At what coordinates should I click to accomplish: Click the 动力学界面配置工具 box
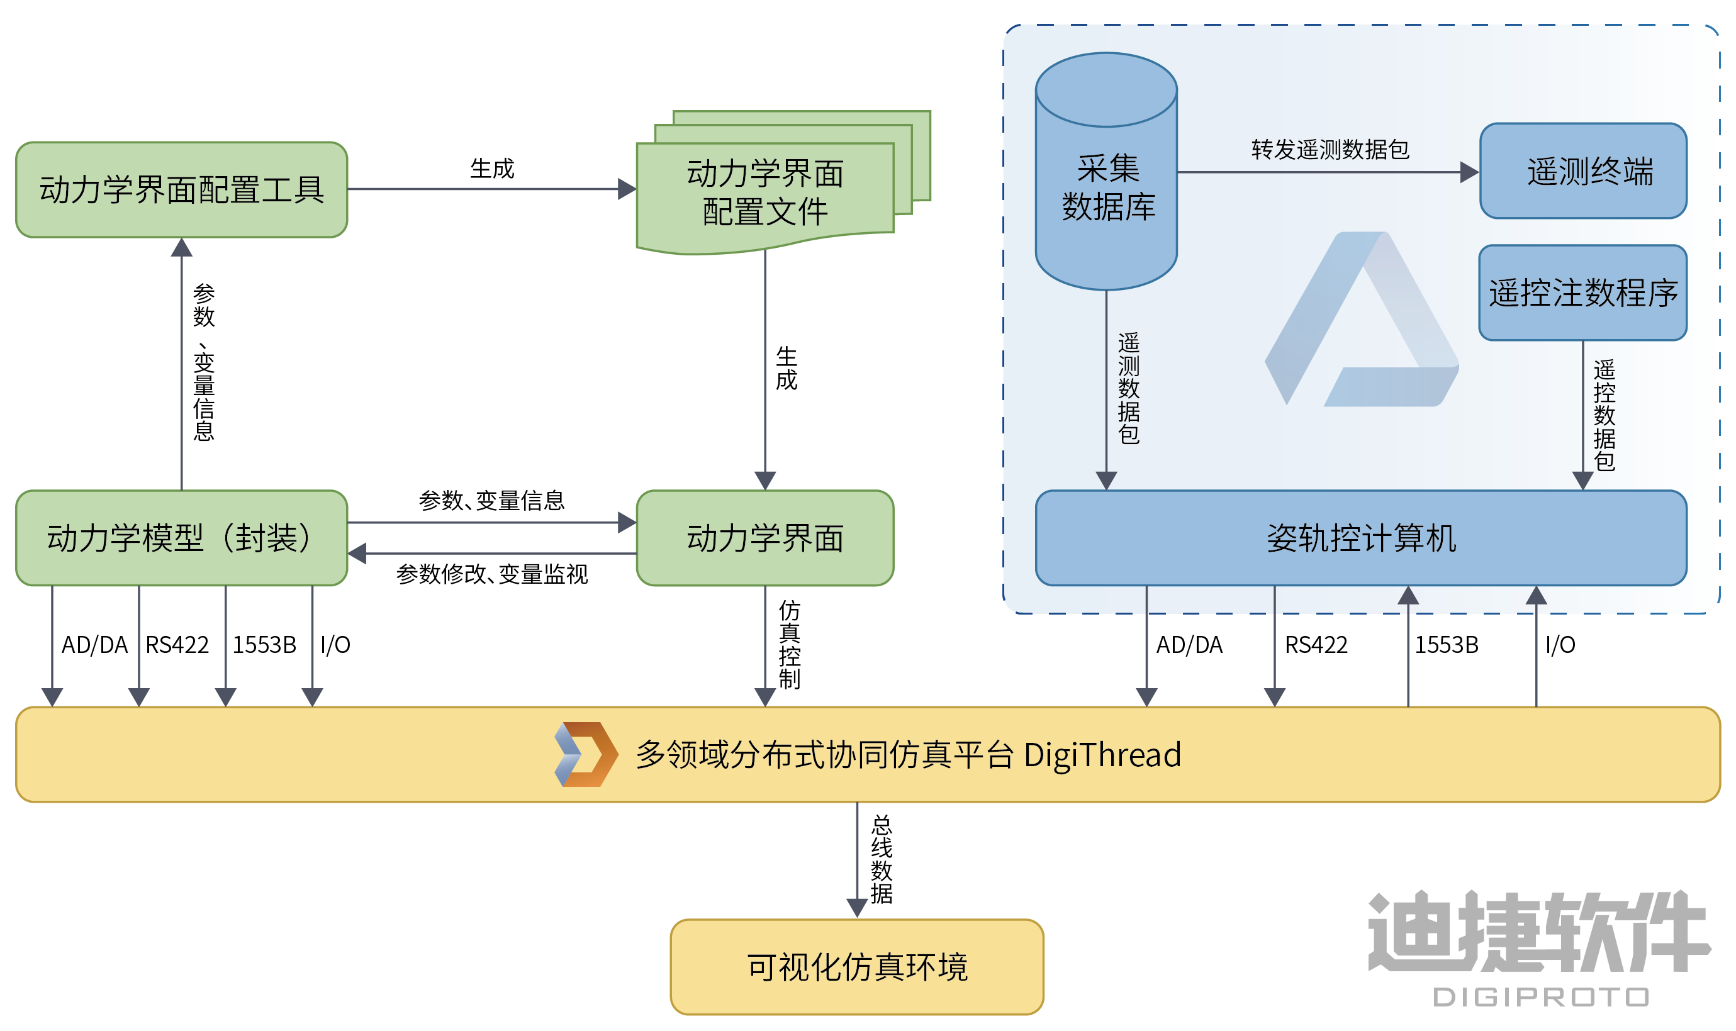pos(181,190)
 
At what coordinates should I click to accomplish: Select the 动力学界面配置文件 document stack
pos(765,192)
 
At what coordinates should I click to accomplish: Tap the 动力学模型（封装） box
pos(181,538)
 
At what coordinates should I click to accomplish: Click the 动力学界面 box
pos(765,538)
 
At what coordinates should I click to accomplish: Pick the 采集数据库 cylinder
pos(1106,187)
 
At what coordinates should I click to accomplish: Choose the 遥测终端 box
pos(1583,171)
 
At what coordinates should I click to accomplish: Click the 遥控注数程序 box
pos(1583,293)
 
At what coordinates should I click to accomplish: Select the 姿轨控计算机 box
pos(1361,538)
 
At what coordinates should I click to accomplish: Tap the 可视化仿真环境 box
pos(857,966)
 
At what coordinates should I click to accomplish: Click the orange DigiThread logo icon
pos(586,754)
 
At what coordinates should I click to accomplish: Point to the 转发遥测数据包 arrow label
pos(1330,149)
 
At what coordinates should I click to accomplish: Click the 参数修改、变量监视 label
pos(492,574)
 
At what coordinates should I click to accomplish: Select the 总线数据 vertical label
pos(881,859)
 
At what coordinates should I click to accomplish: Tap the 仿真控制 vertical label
pos(790,644)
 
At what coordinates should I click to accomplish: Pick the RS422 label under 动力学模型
pos(177,645)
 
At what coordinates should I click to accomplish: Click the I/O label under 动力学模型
pos(335,645)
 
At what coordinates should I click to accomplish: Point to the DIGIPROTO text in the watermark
pos(1540,998)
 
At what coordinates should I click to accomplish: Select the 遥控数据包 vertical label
pos(1604,415)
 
